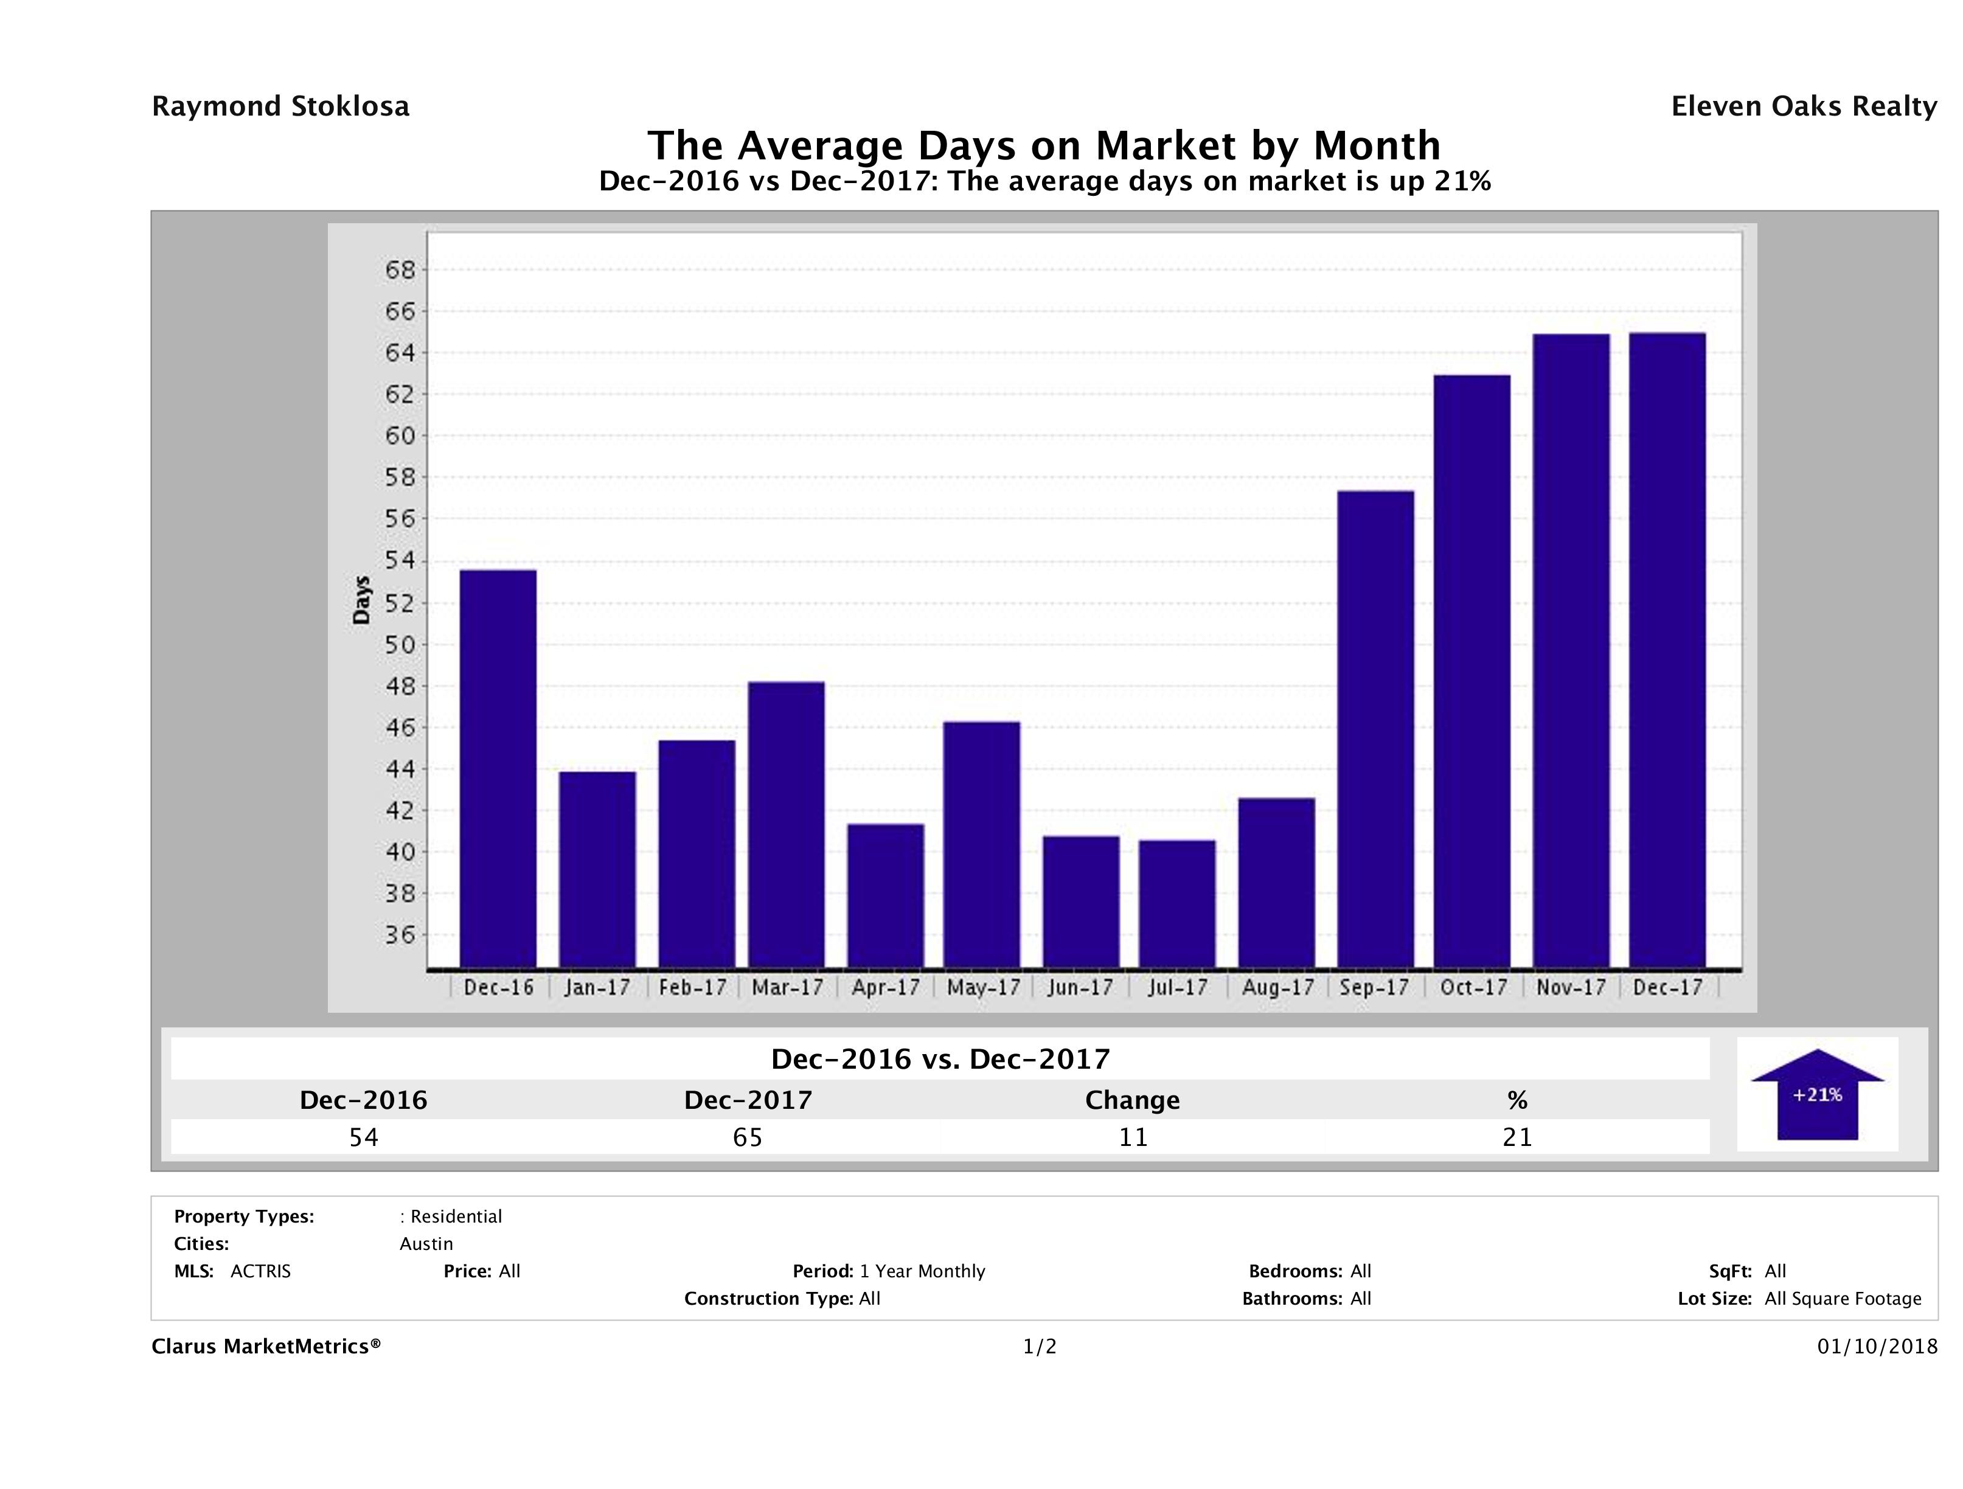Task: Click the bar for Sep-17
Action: click(x=1375, y=729)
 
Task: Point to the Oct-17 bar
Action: click(x=1471, y=671)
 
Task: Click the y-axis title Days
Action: click(x=361, y=600)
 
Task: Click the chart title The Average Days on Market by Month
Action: click(x=1044, y=145)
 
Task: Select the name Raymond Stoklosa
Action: click(x=280, y=106)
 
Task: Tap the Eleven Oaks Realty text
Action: click(x=1803, y=106)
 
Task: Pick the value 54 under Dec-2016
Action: click(x=364, y=1137)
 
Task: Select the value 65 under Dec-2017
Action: click(x=748, y=1137)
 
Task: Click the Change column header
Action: click(x=1133, y=1100)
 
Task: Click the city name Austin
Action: click(x=426, y=1244)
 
